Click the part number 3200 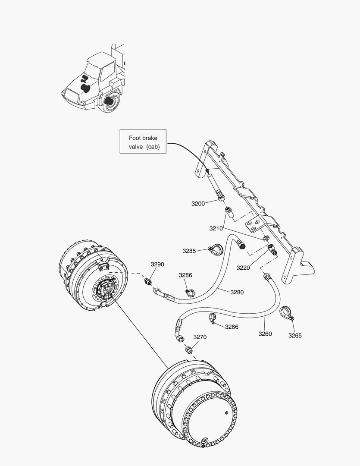pyautogui.click(x=198, y=203)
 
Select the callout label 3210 pyautogui.click(x=216, y=228)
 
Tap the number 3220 pyautogui.click(x=243, y=268)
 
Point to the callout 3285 pyautogui.click(x=189, y=251)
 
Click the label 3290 pyautogui.click(x=157, y=264)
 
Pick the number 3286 pyautogui.click(x=186, y=275)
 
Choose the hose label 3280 pyautogui.click(x=237, y=292)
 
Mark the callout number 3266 pyautogui.click(x=232, y=327)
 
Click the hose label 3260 pyautogui.click(x=265, y=334)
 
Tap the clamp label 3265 pyautogui.click(x=295, y=335)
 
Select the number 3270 pyautogui.click(x=200, y=337)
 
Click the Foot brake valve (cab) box pyautogui.click(x=143, y=142)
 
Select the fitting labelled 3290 pyautogui.click(x=148, y=281)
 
